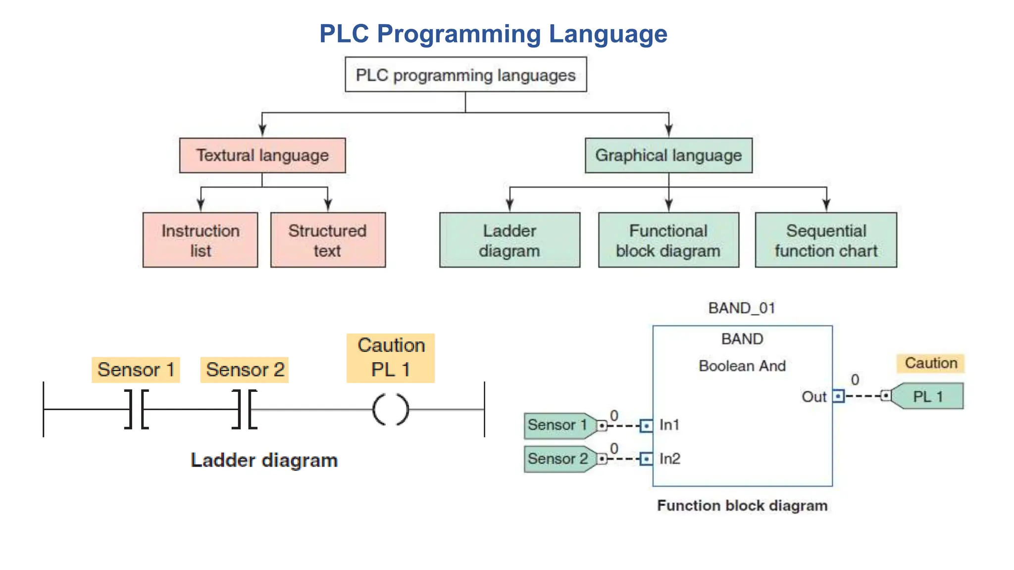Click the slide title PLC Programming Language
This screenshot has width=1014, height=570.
pos(493,34)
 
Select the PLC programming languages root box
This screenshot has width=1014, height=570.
pos(465,75)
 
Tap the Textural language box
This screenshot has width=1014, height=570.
pos(262,155)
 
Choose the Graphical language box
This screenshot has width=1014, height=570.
pos(668,155)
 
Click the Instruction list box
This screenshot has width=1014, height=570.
pos(200,240)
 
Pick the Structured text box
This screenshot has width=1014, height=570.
pos(328,240)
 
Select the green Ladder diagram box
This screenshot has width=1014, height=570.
pos(509,240)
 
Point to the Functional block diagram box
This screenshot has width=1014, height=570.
pos(668,240)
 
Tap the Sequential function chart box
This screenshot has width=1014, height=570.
pos(826,240)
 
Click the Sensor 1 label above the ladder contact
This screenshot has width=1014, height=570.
pos(136,370)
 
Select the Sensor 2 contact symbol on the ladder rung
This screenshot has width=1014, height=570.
pos(245,409)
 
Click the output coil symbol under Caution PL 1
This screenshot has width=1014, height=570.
pos(391,410)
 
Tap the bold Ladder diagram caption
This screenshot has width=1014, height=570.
pos(264,460)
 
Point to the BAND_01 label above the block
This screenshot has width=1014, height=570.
pos(742,308)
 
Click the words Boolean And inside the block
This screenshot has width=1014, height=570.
pos(742,366)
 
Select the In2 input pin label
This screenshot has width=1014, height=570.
pos(669,459)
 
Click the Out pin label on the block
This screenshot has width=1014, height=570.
pos(814,397)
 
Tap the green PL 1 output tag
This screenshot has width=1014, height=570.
pos(927,396)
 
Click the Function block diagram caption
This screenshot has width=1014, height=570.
pos(742,506)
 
